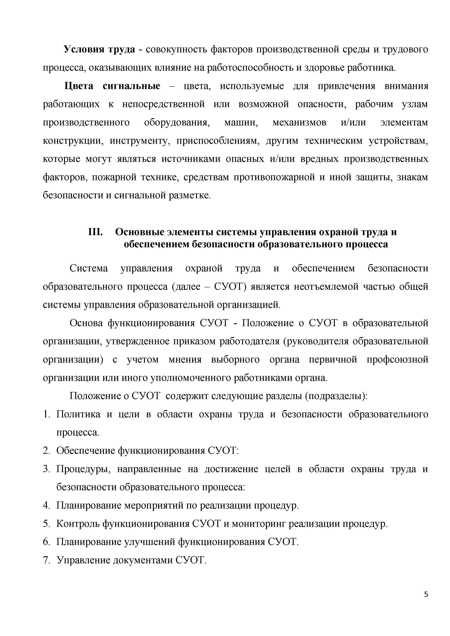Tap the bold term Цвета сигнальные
pyautogui.click(x=112, y=86)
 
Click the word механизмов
pyautogui.click(x=299, y=122)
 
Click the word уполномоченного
pyautogui.click(x=190, y=378)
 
